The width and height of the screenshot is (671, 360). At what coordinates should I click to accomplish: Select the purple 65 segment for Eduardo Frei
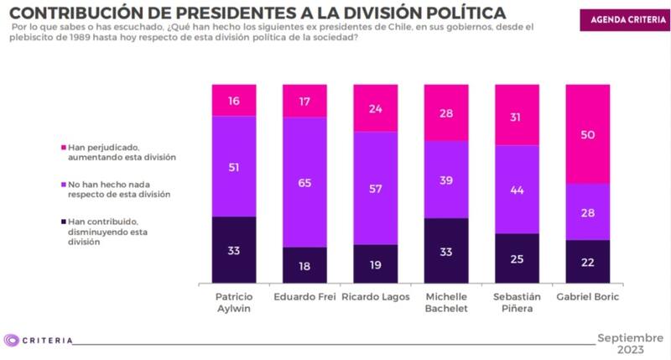pos(304,182)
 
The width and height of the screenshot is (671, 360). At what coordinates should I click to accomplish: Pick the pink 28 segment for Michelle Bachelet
pos(445,112)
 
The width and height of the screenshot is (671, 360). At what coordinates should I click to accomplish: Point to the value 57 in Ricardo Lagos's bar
pos(375,188)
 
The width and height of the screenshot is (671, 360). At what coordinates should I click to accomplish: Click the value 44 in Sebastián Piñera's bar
pos(516,190)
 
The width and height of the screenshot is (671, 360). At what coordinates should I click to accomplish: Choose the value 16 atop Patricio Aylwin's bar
pos(234,100)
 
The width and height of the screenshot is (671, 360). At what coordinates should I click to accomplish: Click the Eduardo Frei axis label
pos(304,298)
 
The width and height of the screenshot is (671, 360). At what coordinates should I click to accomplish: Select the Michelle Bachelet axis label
pos(445,305)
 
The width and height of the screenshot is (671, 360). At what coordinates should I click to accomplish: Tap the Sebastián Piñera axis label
pos(516,305)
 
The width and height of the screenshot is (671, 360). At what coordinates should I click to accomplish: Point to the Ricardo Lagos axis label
pos(375,298)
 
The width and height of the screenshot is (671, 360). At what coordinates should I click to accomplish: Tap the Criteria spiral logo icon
pos(12,340)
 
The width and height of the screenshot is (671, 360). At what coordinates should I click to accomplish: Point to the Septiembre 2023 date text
pos(629,343)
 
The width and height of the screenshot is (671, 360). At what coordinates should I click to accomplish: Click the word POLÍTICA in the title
pos(453,13)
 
